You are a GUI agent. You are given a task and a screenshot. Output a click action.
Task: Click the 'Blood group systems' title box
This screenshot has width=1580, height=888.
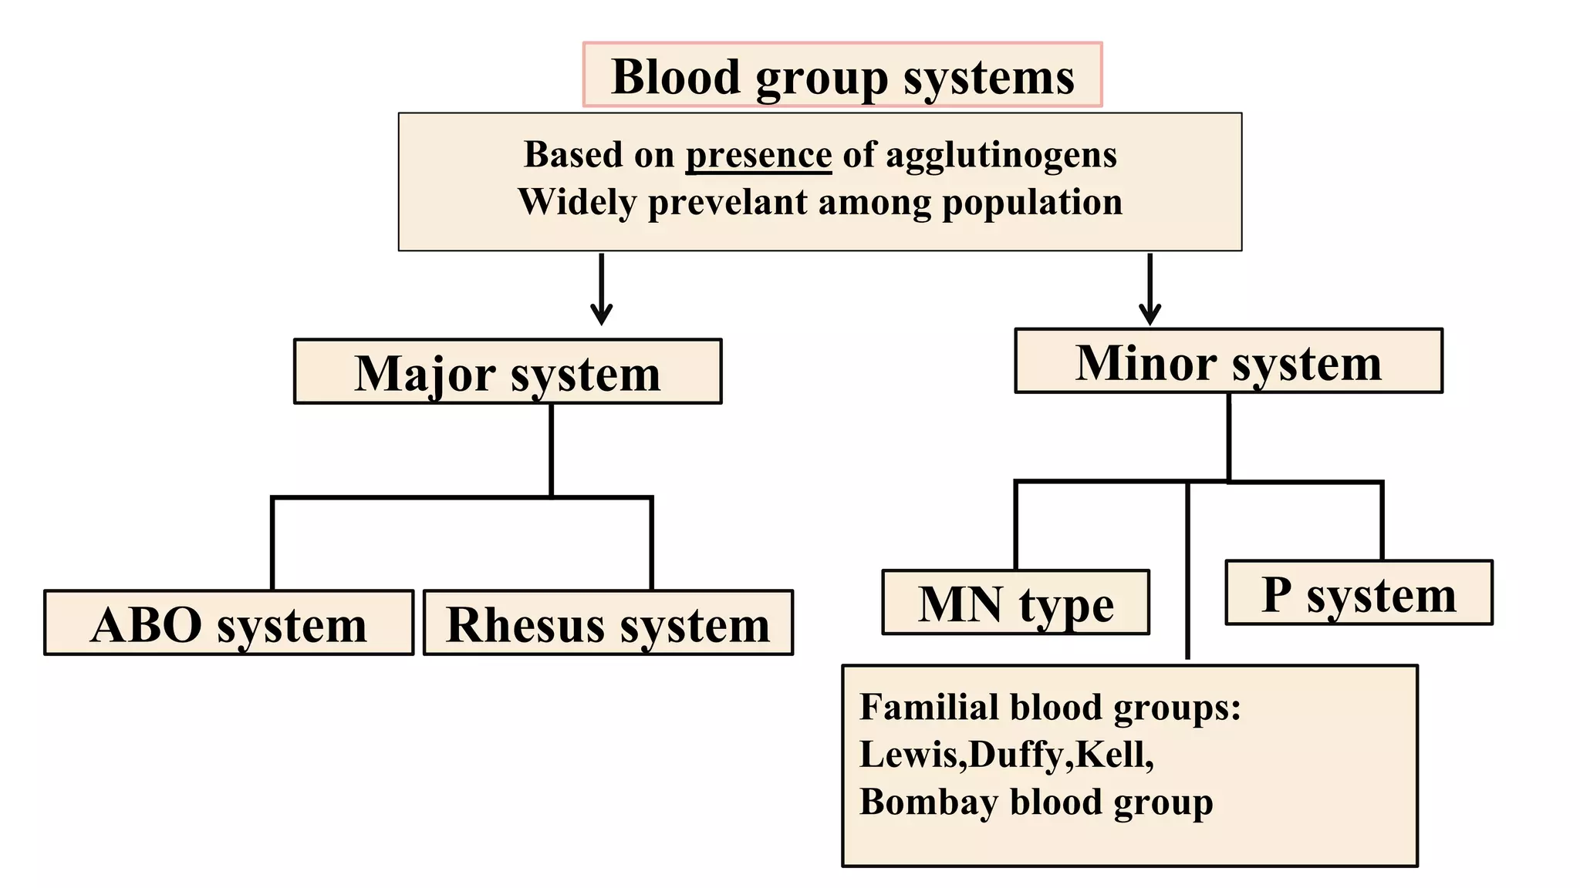pos(842,76)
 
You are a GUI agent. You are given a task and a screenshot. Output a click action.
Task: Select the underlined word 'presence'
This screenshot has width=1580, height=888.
pos(758,155)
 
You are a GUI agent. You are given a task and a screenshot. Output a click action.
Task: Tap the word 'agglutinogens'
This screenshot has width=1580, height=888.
pos(1001,155)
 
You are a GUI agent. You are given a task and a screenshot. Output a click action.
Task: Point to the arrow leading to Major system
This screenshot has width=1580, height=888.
pos(601,289)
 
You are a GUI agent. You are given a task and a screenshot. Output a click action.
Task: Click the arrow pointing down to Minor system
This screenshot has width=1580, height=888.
pos(1150,289)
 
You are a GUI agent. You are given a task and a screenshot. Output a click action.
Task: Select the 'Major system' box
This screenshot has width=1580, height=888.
pos(508,372)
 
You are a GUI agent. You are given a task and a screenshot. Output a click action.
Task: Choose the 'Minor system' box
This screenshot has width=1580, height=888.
pos(1228,362)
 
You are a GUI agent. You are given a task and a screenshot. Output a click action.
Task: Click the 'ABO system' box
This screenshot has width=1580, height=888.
pos(228,623)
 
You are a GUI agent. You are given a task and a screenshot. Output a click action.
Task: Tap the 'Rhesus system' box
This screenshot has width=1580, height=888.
pos(608,623)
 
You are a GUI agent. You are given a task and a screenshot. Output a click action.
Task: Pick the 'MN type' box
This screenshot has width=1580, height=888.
pos(1015,603)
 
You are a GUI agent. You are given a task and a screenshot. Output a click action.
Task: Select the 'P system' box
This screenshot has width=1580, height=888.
pos(1359,593)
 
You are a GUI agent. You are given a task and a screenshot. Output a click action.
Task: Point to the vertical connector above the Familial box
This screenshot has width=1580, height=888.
pos(1187,570)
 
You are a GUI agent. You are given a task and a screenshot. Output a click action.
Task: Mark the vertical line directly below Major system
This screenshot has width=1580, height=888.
pos(551,449)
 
